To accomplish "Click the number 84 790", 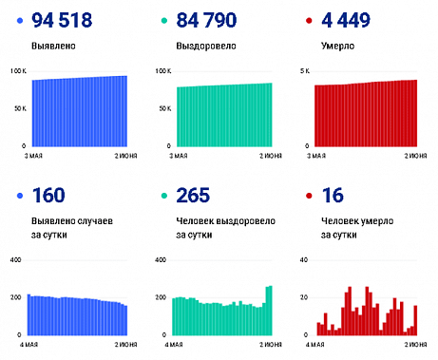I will [x=213, y=19].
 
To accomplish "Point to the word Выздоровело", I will [x=202, y=45].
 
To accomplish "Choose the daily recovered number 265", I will [x=197, y=197].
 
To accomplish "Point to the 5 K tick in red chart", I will [x=305, y=71].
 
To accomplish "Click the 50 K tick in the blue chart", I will [x=20, y=109].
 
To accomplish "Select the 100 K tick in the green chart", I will [x=162, y=71].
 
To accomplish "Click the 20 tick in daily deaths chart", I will [x=304, y=297].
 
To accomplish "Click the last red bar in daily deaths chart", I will [x=415, y=320].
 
